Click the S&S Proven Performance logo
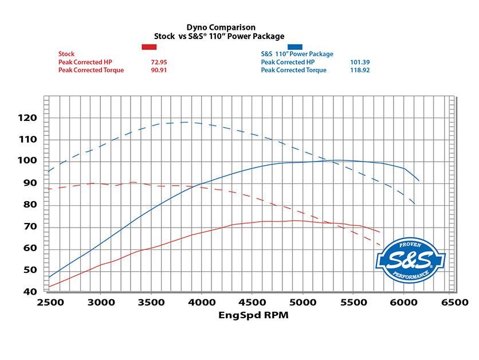click(x=410, y=260)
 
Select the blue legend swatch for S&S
click(x=296, y=46)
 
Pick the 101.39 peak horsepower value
click(x=359, y=62)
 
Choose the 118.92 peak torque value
click(x=359, y=70)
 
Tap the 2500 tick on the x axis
click(x=50, y=302)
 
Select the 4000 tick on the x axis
click(x=201, y=302)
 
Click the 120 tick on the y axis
click(x=26, y=118)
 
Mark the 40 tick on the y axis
click(x=30, y=291)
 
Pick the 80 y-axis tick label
click(x=30, y=205)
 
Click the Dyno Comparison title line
click(x=221, y=28)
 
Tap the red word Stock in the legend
click(x=66, y=54)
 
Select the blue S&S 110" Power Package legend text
click(x=297, y=54)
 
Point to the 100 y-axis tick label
click(x=26, y=161)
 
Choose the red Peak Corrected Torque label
click(x=91, y=70)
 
